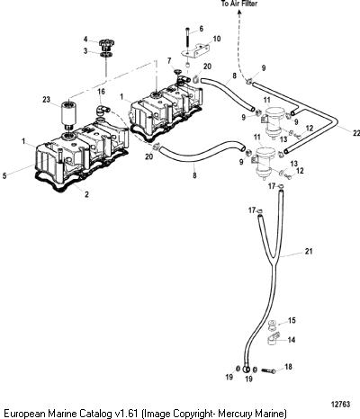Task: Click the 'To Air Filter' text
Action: coord(239,4)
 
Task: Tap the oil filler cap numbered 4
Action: coord(106,45)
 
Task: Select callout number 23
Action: coord(46,99)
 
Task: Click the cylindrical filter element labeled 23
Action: coord(68,115)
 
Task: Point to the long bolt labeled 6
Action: coord(188,40)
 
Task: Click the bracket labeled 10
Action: coord(196,51)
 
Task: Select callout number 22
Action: coord(355,133)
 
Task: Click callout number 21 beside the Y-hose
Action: coord(309,251)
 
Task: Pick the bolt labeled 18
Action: coord(268,371)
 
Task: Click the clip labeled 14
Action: coord(273,339)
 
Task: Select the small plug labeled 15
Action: coord(272,324)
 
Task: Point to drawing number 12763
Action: coord(340,405)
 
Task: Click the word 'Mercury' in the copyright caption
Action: coord(233,414)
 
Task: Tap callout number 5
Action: coord(4,176)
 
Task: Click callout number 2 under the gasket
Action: coord(86,194)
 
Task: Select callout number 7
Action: coord(169,61)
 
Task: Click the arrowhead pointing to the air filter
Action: coord(239,12)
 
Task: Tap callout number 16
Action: coord(101,91)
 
